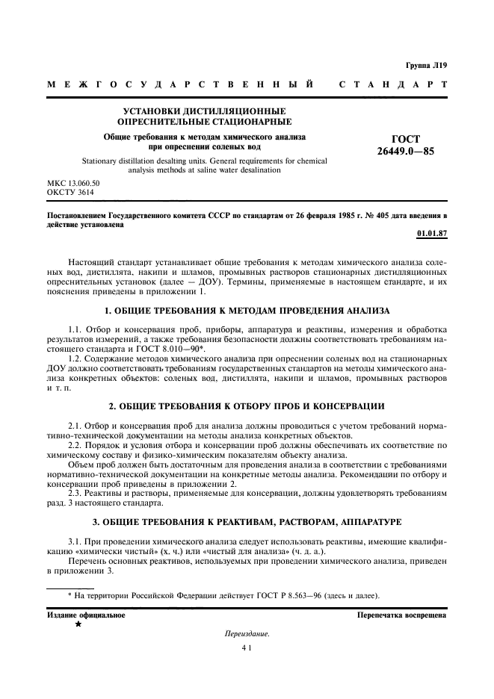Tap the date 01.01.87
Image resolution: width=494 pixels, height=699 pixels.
tap(432, 233)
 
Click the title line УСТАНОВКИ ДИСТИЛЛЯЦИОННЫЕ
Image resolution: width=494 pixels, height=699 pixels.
tap(204, 111)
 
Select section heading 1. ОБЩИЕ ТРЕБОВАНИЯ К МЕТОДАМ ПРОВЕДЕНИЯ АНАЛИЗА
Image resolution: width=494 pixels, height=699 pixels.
tap(247, 309)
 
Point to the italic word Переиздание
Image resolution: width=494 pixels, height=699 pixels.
tap(247, 634)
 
